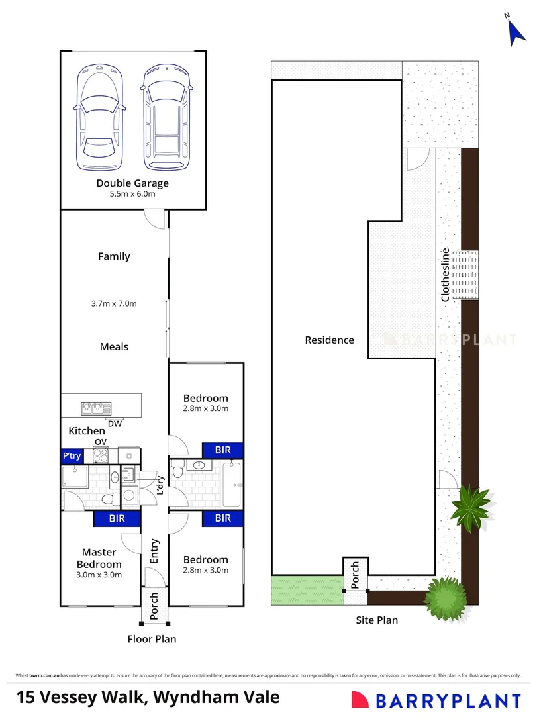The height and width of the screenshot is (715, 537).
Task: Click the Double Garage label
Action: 132,183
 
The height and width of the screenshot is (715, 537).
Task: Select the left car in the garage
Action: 99,118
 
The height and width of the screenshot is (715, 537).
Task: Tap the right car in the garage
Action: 165,118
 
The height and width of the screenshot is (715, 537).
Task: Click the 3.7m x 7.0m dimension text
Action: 114,304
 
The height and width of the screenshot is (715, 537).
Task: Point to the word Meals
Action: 114,346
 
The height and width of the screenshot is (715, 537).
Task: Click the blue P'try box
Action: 71,456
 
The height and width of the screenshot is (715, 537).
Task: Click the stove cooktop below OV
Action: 101,455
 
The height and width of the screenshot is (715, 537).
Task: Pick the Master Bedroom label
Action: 99,558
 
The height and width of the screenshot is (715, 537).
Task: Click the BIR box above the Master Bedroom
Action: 117,519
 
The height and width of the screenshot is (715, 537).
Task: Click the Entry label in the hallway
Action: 154,550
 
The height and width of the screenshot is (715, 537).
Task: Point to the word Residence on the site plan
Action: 329,340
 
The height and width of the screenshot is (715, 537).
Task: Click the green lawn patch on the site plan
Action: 307,590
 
